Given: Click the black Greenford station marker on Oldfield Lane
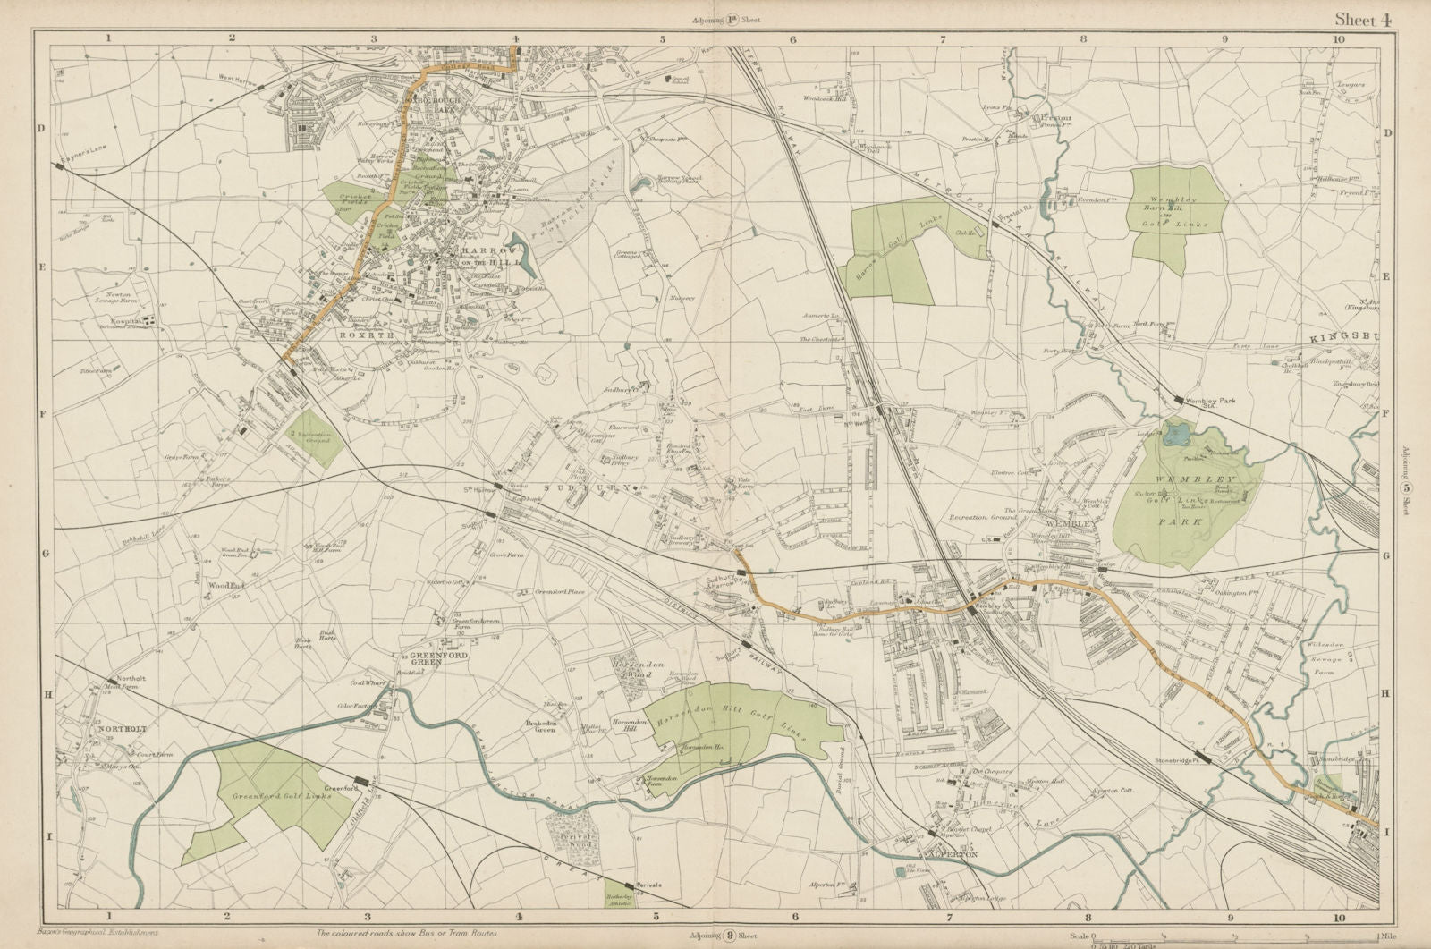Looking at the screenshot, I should [x=360, y=781].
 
